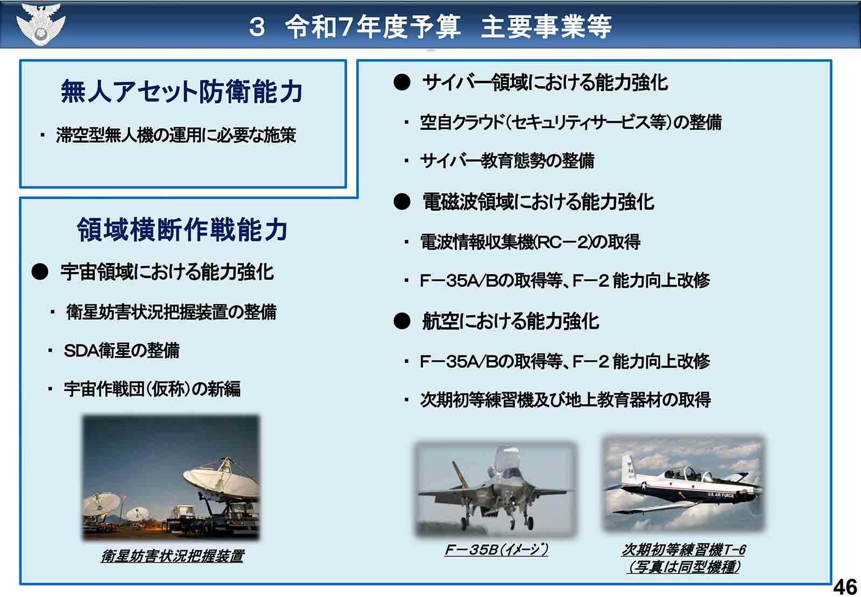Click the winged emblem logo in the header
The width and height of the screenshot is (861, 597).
pos(40,24)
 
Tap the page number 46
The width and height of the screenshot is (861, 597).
pos(845,587)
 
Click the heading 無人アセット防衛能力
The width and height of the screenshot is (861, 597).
pos(182,92)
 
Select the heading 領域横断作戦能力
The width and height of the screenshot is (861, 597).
pos(182,230)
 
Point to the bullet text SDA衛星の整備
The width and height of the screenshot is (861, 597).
pos(122,351)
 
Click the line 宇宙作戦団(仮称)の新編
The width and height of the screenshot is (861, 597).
pos(152,389)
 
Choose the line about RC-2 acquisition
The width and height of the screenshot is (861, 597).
pos(530,242)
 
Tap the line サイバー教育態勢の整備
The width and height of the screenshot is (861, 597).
pos(507,161)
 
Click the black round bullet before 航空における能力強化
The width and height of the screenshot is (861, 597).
pos(402,321)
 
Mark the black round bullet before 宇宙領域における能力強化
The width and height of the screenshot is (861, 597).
pos(40,272)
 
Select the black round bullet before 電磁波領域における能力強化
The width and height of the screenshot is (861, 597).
pos(402,202)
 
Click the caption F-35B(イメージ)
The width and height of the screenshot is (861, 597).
pos(496,550)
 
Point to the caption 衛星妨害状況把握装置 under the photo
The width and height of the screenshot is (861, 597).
pos(172,556)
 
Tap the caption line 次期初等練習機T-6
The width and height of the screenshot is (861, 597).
pos(683,550)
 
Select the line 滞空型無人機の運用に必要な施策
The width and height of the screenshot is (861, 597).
pos(176,135)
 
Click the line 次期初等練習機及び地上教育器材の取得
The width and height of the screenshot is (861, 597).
pos(566,400)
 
